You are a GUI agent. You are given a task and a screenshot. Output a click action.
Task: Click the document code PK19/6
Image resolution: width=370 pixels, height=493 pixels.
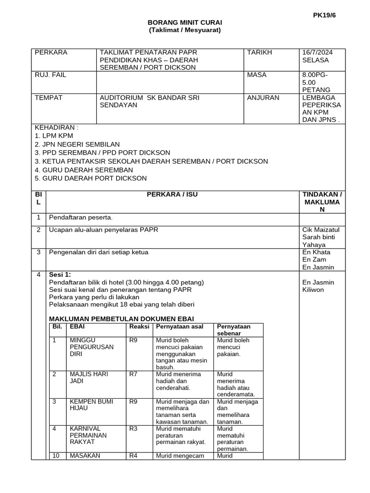pos(324,15)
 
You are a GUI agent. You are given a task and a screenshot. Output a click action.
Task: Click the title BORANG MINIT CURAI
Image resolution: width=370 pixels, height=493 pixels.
pos(185,23)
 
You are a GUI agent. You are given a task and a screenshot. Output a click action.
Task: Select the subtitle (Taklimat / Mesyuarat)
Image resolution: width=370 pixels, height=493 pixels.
pos(185,30)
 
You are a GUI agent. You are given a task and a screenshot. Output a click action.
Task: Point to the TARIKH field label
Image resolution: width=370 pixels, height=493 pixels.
pos(260,52)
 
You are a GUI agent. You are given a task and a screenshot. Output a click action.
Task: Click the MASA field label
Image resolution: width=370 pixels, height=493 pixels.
pos(257,75)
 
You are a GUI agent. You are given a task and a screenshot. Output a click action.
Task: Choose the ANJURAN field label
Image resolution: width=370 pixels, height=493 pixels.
pos(263,98)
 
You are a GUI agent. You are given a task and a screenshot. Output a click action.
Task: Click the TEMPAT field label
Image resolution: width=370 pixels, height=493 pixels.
pos(49,98)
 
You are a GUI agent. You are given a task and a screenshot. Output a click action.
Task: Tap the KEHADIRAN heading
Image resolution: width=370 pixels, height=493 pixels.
pos(56,128)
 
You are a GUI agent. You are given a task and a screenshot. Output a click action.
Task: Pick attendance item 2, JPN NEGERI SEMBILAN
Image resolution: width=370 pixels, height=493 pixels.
pos(77,144)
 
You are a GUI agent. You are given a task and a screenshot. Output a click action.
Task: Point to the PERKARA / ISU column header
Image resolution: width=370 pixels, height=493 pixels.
pos(172,195)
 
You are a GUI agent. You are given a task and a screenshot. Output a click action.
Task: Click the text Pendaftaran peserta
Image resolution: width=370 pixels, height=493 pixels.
pos(80,218)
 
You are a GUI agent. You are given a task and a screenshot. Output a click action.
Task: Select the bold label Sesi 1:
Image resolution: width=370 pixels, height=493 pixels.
pos(60,274)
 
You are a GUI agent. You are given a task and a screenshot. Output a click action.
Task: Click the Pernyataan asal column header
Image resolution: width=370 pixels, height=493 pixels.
pos(179,327)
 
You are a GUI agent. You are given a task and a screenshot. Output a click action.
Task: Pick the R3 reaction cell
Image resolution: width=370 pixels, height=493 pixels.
pos(133,428)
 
